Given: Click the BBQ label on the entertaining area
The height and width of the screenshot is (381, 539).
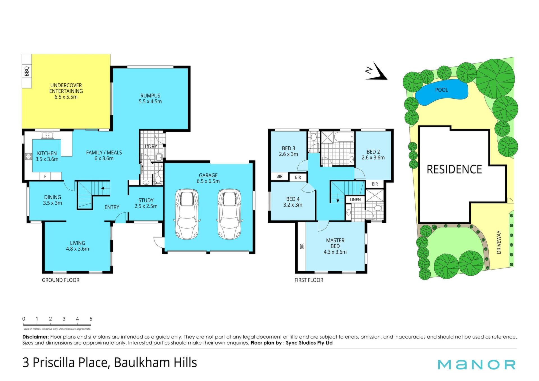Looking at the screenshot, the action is click(x=27, y=71).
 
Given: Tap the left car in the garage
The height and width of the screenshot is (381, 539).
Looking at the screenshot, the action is click(x=187, y=214).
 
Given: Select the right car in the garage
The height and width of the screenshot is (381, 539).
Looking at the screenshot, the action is click(x=230, y=214).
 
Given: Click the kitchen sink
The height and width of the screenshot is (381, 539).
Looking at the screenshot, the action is click(x=47, y=136).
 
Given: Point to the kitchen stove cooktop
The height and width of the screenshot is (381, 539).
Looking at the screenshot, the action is click(x=29, y=156).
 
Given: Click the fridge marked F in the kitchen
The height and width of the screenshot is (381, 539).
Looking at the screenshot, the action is click(x=45, y=176).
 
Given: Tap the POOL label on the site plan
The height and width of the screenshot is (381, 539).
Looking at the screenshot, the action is click(x=442, y=90).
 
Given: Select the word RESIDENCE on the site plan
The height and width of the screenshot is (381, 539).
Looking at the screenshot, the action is click(x=454, y=169).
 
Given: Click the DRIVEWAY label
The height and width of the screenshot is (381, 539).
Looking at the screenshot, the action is click(x=499, y=242).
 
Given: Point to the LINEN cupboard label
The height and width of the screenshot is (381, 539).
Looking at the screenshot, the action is click(x=355, y=200).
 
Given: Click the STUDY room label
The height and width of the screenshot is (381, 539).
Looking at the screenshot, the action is click(x=146, y=200).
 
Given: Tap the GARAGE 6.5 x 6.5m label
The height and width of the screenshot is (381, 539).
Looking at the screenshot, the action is click(x=208, y=178).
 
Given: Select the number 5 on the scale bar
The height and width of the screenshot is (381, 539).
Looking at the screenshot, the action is click(x=91, y=319).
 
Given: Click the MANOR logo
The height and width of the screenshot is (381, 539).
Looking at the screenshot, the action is click(x=477, y=364).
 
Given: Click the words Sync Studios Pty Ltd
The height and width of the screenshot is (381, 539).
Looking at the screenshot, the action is click(x=309, y=343).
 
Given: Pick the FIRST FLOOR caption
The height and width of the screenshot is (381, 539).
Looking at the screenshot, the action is click(x=309, y=280).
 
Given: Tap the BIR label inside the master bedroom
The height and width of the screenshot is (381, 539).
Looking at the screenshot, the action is click(x=302, y=246).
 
